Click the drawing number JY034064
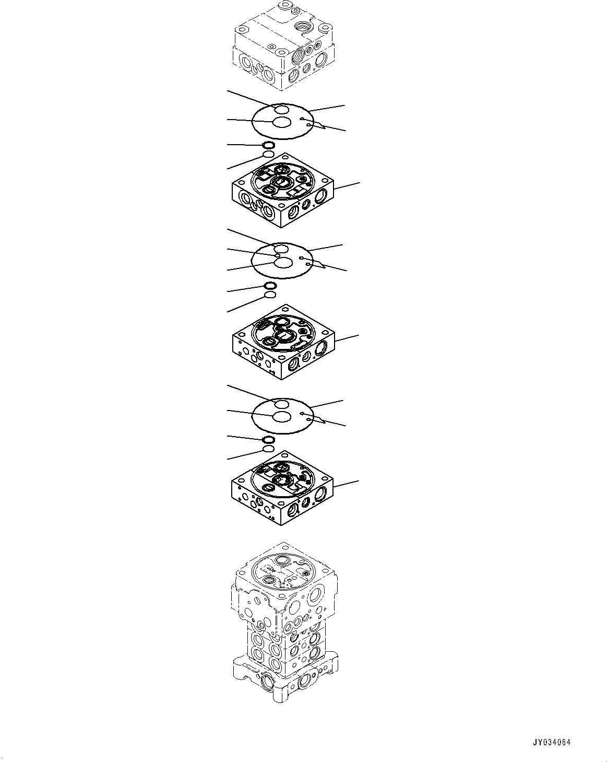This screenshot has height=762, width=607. (x=552, y=742)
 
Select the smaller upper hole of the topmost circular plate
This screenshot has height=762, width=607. (x=281, y=109)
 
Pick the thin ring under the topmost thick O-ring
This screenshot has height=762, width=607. (x=268, y=155)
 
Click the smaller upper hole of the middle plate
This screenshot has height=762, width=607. (x=281, y=248)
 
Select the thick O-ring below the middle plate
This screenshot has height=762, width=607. (x=270, y=285)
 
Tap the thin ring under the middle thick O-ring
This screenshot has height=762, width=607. (x=270, y=295)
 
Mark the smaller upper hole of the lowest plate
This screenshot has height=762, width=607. (x=281, y=404)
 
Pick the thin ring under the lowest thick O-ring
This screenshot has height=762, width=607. (x=268, y=449)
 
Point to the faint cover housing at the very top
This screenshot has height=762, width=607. (x=282, y=44)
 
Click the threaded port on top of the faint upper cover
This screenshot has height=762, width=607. (x=305, y=26)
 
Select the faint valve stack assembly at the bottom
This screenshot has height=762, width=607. (x=284, y=627)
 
